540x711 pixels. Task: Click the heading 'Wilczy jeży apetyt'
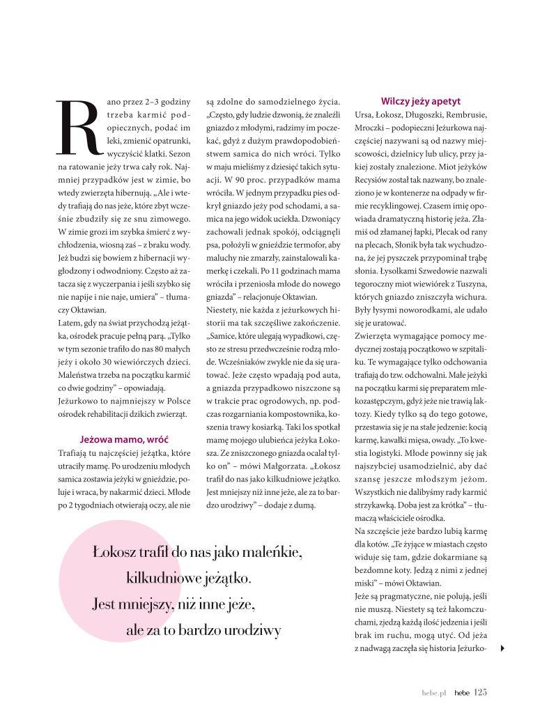pyautogui.click(x=420, y=100)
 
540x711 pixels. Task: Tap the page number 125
pyautogui.click(x=480, y=692)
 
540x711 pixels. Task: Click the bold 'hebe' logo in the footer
pyautogui.click(x=461, y=693)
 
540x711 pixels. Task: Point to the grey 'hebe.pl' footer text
pyautogui.click(x=434, y=693)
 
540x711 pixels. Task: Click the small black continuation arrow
pyautogui.click(x=502, y=648)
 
